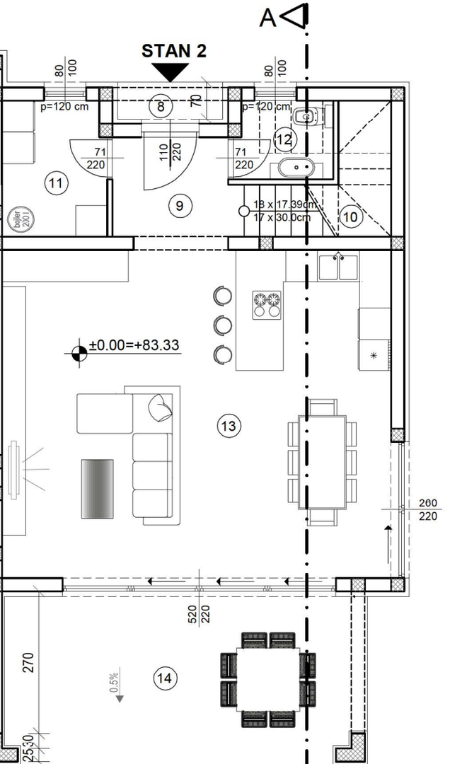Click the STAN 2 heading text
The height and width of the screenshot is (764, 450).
click(175, 51)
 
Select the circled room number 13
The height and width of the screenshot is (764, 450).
click(229, 426)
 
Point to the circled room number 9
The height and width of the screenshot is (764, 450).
click(180, 206)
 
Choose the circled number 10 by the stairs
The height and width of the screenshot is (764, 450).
click(350, 216)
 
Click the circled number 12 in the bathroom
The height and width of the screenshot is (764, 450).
click(283, 140)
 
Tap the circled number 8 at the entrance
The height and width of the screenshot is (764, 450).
click(161, 107)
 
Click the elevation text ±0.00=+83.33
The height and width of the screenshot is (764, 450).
click(134, 346)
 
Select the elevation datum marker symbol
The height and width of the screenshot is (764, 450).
click(79, 351)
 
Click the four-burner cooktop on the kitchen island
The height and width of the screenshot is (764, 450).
click(267, 304)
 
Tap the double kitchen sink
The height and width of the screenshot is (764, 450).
click(337, 267)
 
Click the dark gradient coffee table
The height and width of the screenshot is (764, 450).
click(97, 487)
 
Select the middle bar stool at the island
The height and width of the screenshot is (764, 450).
click(223, 325)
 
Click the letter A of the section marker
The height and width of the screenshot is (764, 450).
click(267, 18)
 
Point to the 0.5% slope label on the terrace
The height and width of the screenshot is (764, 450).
click(113, 683)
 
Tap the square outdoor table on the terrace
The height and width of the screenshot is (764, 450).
click(268, 680)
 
